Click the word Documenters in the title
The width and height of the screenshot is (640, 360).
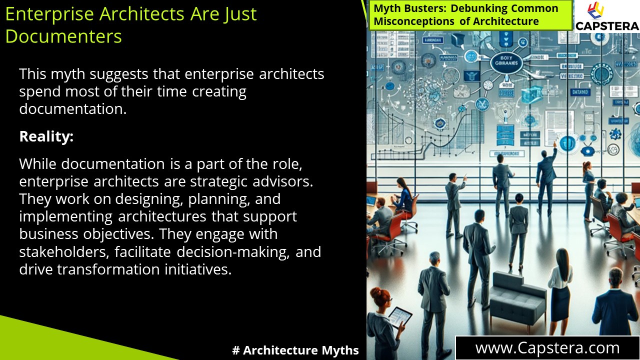point(63,36)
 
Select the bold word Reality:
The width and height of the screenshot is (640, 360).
point(46,136)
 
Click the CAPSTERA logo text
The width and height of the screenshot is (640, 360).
point(607,26)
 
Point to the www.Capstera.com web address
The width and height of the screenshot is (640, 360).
point(547,348)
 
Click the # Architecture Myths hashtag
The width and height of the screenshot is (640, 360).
point(295,350)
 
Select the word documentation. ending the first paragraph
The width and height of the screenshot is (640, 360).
point(73,109)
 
